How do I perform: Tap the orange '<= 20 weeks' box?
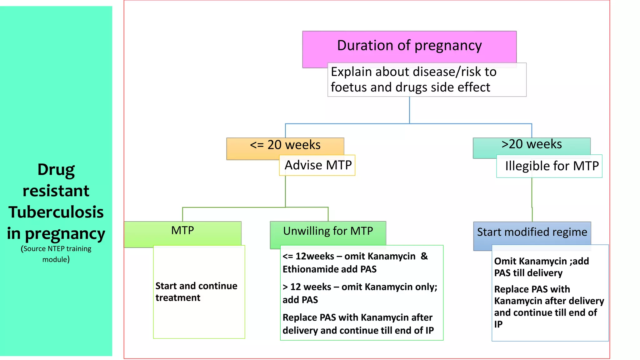tap(285, 145)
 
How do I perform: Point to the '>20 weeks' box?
tap(531, 144)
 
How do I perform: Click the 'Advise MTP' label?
tap(318, 165)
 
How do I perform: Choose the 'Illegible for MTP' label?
tap(552, 166)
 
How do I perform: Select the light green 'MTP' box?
tap(182, 231)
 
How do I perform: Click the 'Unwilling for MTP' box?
tap(328, 231)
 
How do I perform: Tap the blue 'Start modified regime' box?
tap(532, 232)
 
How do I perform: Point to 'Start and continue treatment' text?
tap(196, 292)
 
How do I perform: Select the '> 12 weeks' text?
tap(307, 287)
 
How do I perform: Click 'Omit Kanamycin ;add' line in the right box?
tap(541, 261)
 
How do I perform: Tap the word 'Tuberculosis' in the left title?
tap(56, 212)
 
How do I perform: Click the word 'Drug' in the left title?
tap(56, 170)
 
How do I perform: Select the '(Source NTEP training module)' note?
tap(56, 254)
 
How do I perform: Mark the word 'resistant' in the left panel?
tap(56, 191)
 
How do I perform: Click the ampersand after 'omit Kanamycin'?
tap(424, 256)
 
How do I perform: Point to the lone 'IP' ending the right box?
tap(498, 324)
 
